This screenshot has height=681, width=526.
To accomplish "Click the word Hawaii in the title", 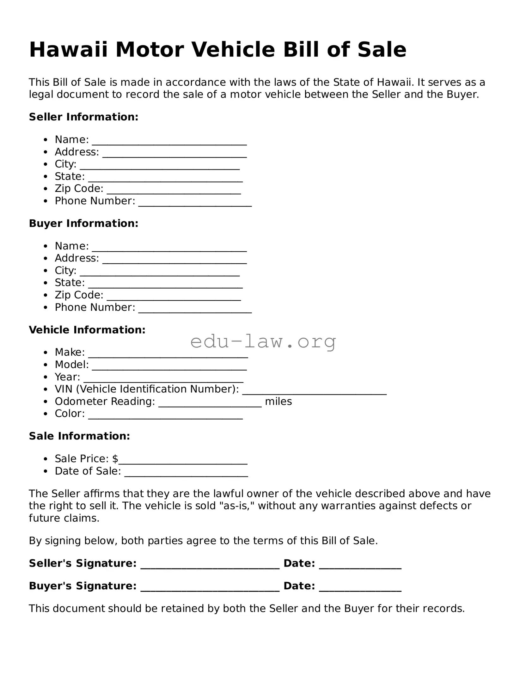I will point(68,50).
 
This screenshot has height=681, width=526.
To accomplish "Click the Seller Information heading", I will point(83,117).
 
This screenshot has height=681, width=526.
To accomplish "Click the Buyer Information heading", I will point(83,224).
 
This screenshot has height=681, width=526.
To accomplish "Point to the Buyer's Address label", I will point(77,258).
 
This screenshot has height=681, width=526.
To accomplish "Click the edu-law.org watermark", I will point(263,341).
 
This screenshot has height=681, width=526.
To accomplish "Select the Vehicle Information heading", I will point(87,330).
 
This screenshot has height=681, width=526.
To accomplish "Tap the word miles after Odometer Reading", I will point(278,402).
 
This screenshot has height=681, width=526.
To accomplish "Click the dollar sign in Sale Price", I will point(115,459).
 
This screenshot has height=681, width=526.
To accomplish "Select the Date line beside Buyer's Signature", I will point(360,589).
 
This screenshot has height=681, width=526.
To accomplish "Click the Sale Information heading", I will point(79,436).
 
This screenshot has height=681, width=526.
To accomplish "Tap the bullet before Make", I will point(46,353).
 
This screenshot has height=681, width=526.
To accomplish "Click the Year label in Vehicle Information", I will point(67,377).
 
